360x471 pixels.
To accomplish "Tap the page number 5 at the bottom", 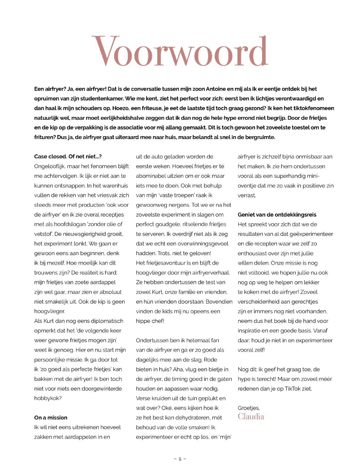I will coord(180,459).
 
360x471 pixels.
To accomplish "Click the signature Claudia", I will coord(251,417).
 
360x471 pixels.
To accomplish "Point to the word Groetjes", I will coord(248,408).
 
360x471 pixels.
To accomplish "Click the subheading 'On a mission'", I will coord(51,418).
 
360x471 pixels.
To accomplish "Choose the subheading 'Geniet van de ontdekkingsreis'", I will coord(277,215).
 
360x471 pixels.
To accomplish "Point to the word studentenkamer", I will coord(104,98).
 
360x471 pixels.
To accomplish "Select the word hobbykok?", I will coord(48,398).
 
